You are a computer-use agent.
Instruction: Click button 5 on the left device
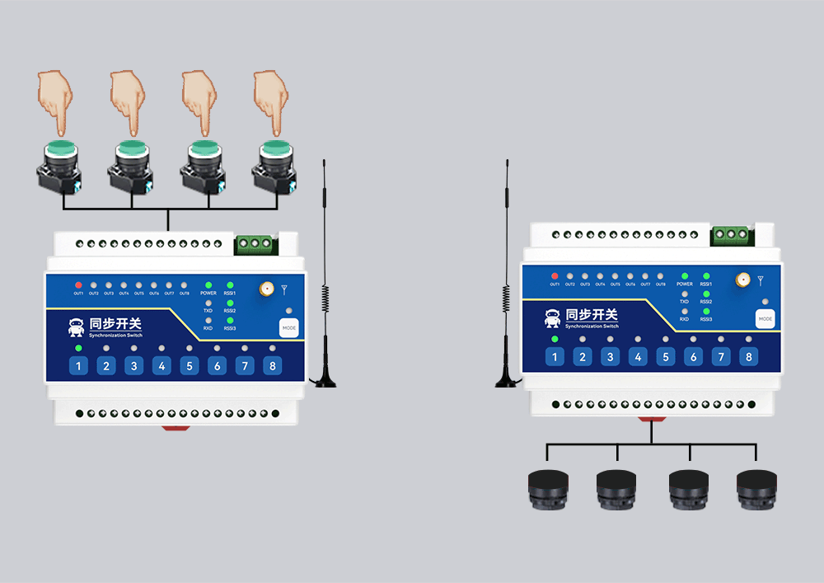tap(190, 366)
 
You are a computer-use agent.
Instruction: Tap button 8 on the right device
tap(748, 356)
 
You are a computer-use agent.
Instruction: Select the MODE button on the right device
tap(765, 318)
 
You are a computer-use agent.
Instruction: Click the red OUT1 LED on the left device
tap(78, 284)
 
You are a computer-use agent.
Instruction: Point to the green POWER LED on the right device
tap(685, 275)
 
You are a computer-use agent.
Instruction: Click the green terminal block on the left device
tap(255, 243)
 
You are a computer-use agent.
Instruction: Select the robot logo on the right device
tap(553, 318)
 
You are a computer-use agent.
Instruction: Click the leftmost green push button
tap(60, 151)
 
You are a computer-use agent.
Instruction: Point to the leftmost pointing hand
tap(56, 99)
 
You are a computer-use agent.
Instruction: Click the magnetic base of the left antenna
tap(325, 378)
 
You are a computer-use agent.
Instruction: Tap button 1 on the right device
tap(555, 356)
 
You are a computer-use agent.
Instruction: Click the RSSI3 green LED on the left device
tap(230, 320)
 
